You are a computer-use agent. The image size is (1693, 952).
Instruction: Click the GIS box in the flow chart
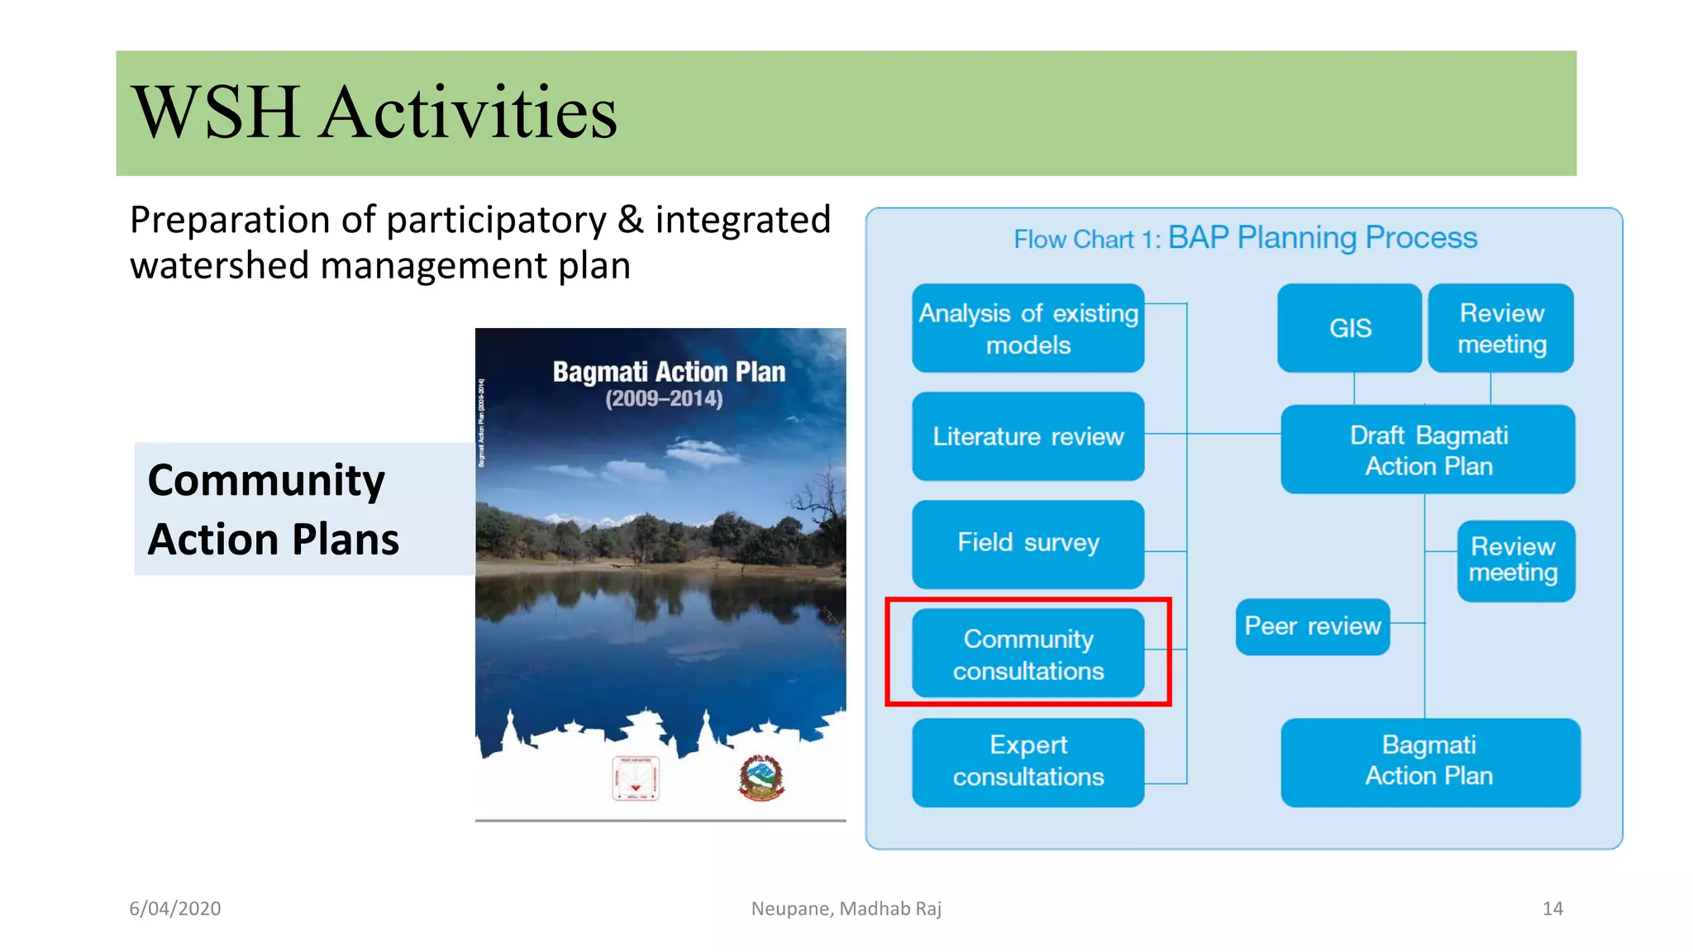(x=1349, y=328)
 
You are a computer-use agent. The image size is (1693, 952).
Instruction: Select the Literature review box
(x=1028, y=436)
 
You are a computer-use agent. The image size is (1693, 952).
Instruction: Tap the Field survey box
(x=1028, y=543)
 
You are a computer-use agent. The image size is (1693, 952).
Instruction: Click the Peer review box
(x=1312, y=626)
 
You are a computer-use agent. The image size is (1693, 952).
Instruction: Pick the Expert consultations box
(x=1028, y=761)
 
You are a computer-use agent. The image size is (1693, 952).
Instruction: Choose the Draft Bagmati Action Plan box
(x=1428, y=450)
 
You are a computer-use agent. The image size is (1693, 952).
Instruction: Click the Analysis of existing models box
(x=1028, y=328)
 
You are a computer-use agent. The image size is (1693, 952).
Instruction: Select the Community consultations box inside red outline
(x=1028, y=654)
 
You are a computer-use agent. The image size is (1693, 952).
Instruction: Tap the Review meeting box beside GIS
(x=1500, y=328)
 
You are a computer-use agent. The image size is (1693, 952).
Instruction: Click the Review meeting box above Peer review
(x=1514, y=560)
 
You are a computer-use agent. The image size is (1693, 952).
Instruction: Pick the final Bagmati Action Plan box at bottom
(x=1429, y=761)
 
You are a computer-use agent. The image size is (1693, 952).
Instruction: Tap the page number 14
(x=1552, y=908)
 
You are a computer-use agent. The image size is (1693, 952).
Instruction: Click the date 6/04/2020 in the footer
(x=175, y=908)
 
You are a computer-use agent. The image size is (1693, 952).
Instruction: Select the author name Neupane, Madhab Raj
(x=846, y=908)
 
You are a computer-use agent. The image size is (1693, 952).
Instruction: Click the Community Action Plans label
(x=273, y=509)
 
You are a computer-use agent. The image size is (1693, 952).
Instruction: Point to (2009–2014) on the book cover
(x=664, y=399)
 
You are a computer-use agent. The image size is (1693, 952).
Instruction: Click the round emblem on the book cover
(x=761, y=778)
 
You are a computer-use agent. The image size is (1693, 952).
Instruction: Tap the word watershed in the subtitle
(x=220, y=266)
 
